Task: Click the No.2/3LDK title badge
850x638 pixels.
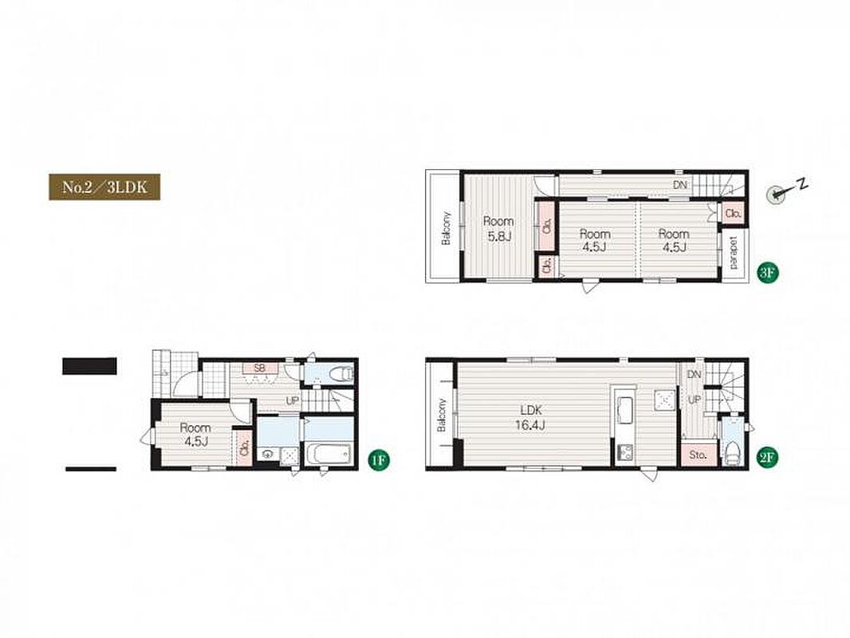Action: (104, 187)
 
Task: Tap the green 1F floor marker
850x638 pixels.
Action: (379, 460)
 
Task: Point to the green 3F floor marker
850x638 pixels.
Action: (766, 273)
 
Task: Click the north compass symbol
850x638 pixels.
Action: (777, 194)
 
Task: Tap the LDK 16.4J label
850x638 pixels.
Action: (530, 418)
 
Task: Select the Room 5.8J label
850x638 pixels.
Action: (498, 229)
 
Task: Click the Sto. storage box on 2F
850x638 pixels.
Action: (698, 455)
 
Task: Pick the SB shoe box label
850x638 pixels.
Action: (260, 368)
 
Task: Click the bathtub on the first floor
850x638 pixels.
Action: (329, 454)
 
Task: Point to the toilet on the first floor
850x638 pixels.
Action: (341, 373)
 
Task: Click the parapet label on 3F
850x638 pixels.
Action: (734, 252)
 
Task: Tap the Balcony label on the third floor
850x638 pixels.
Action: (447, 228)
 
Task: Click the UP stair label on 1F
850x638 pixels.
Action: (292, 402)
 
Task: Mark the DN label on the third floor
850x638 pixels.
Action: (680, 185)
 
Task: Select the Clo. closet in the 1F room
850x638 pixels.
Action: (244, 447)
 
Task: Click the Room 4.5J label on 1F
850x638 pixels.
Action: (195, 434)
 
